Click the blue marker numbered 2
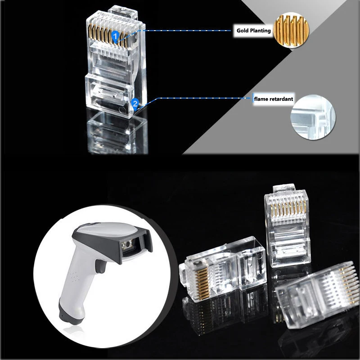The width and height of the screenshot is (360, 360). coord(134,104)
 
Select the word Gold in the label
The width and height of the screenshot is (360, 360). coord(244,31)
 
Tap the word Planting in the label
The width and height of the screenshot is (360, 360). coord(261,31)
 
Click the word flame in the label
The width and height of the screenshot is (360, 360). coord(261,99)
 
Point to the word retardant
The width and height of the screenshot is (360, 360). coord(280,99)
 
